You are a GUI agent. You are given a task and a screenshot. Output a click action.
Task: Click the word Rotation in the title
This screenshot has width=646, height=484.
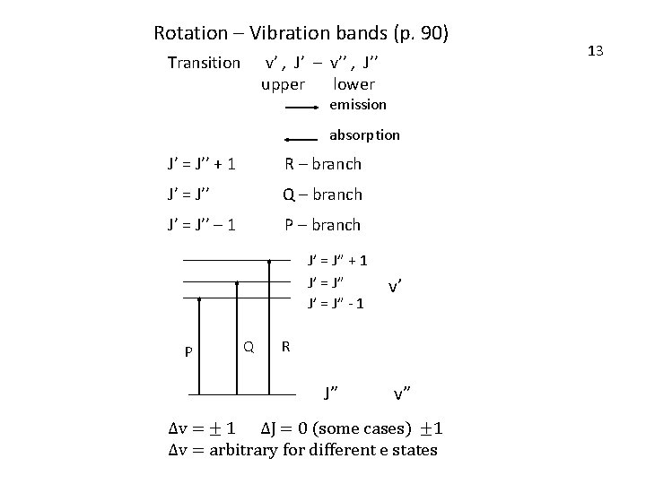point(191,34)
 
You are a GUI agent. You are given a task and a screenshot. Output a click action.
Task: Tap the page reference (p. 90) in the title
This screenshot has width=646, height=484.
point(421,34)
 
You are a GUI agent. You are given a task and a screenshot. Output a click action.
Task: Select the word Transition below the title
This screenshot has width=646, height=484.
point(204,63)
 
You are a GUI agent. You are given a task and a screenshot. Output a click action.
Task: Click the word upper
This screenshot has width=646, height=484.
point(283,84)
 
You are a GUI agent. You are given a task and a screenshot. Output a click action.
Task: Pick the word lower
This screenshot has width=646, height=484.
point(354,84)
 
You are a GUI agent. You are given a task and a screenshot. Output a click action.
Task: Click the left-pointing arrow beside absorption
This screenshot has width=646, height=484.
point(302,139)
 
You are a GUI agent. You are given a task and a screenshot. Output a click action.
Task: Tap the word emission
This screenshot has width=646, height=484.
point(358,105)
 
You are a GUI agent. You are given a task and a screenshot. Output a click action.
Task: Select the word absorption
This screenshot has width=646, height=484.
point(364,135)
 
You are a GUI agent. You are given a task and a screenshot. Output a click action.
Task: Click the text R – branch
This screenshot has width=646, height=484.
point(322,164)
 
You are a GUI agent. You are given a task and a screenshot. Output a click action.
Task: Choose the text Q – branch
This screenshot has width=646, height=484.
point(322,194)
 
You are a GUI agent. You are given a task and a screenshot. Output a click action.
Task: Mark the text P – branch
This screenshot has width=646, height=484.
point(322,225)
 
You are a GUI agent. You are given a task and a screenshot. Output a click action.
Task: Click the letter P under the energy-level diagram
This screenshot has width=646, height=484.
point(188,351)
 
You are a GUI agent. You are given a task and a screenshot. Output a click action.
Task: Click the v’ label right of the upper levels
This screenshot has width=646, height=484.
point(395,288)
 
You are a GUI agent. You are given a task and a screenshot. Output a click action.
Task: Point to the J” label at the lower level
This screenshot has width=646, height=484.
point(330,392)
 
